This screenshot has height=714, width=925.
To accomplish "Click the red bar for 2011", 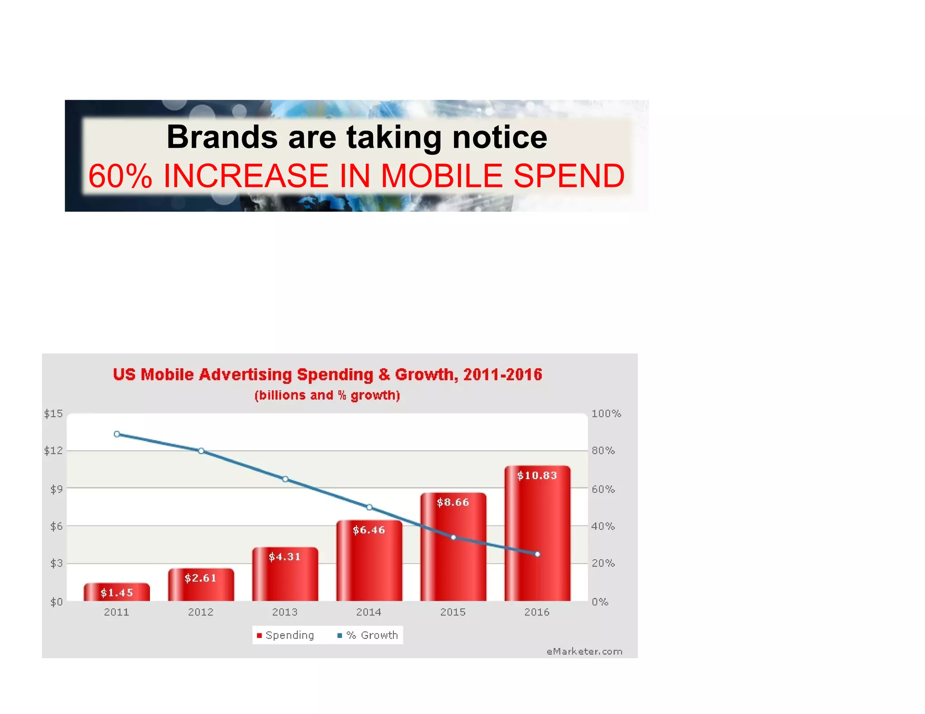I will (x=117, y=592).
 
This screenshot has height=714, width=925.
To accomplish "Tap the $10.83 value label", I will (x=537, y=475).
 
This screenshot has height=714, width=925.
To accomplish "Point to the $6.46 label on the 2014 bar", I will (x=369, y=530).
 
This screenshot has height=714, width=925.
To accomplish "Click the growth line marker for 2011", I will (x=117, y=434).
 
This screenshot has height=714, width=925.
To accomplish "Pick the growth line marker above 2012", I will (x=201, y=451).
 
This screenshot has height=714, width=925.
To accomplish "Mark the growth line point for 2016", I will (x=537, y=554).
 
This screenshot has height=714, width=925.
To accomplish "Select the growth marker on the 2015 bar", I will (x=453, y=538).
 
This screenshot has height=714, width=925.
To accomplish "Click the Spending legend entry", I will (x=285, y=635).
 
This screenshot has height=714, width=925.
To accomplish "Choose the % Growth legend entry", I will (x=368, y=635).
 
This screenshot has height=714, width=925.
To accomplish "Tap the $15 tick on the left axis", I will (x=53, y=414).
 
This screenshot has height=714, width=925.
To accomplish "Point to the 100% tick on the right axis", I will (x=606, y=414).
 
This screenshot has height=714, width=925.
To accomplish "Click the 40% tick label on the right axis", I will (x=603, y=526).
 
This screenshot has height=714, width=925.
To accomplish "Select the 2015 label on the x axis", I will (x=453, y=612).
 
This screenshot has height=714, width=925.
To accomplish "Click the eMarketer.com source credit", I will (x=584, y=652).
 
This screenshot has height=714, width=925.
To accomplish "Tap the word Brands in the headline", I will (x=222, y=137).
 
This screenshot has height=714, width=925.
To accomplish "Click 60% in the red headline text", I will (x=120, y=176).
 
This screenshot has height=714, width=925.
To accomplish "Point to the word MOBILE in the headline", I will (x=441, y=176).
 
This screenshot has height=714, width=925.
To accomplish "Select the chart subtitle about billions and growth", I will (x=327, y=395).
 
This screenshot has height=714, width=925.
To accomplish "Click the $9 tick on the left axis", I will (x=56, y=489).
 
